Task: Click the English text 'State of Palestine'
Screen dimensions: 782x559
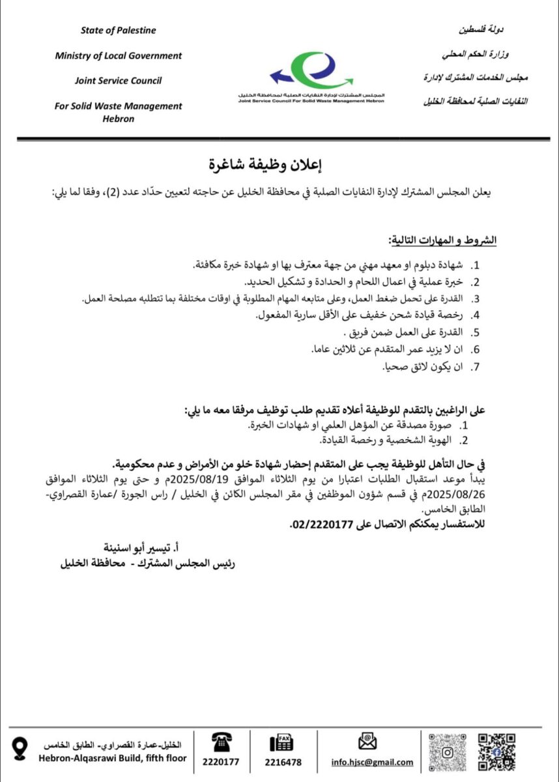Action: pyautogui.click(x=119, y=31)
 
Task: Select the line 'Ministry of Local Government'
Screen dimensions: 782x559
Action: pyautogui.click(x=119, y=55)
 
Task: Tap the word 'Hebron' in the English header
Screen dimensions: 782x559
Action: pyautogui.click(x=119, y=119)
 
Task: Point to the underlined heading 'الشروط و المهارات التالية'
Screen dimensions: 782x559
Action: pyautogui.click(x=442, y=241)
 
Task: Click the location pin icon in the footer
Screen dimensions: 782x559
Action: pyautogui.click(x=21, y=748)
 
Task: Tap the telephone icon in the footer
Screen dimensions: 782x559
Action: pyautogui.click(x=220, y=742)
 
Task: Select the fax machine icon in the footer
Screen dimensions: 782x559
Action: pyautogui.click(x=282, y=743)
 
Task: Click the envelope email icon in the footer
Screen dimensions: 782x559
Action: pyautogui.click(x=368, y=742)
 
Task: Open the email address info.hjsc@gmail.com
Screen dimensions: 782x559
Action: pyautogui.click(x=372, y=762)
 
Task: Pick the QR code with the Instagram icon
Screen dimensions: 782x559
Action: pyautogui.click(x=448, y=751)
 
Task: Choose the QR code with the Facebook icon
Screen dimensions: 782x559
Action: pyautogui.click(x=496, y=751)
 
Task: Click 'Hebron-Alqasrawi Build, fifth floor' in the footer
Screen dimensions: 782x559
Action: pyautogui.click(x=113, y=759)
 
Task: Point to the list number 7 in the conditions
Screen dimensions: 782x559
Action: pyautogui.click(x=476, y=368)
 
